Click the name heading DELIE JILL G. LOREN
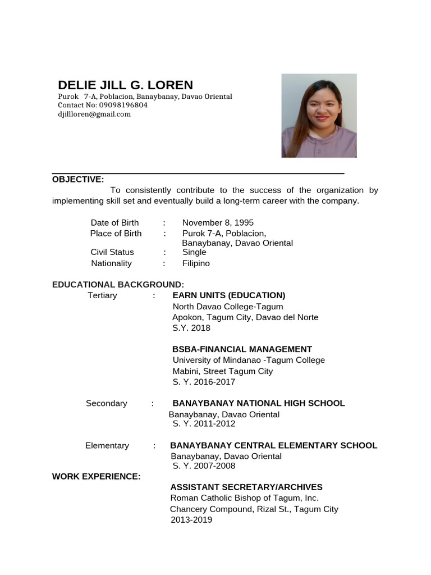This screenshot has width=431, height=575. [125, 85]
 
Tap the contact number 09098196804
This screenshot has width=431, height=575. [123, 105]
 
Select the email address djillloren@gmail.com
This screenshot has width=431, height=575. [94, 114]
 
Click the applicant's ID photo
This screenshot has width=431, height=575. [319, 116]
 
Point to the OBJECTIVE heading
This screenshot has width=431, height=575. [78, 180]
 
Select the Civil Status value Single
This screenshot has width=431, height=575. [194, 252]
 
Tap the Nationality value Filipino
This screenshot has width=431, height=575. [196, 263]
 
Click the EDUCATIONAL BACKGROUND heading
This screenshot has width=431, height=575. [118, 285]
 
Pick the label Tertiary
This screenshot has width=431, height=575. [102, 295]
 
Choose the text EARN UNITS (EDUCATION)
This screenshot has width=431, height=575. [228, 295]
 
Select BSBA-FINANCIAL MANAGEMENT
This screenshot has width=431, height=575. [242, 349]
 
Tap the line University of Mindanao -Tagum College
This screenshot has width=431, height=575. [249, 360]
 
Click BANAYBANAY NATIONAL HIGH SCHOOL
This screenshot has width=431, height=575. [259, 403]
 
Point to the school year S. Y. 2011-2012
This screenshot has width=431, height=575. [204, 424]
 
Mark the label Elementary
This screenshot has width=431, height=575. [107, 446]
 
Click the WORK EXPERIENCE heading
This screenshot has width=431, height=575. [96, 477]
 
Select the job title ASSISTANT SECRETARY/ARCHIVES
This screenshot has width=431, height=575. [246, 487]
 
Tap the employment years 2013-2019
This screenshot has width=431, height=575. [191, 520]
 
